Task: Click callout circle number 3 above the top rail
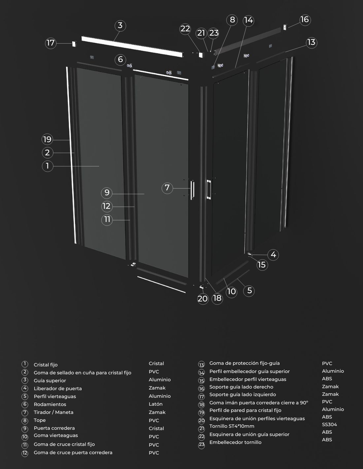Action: [x=120, y=26]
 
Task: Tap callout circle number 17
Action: [x=51, y=43]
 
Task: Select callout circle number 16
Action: [x=305, y=20]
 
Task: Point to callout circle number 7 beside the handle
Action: [x=167, y=188]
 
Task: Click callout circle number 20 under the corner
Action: [x=203, y=299]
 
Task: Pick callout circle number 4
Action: [x=273, y=255]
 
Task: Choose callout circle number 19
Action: [x=47, y=140]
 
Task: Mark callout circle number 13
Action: [x=312, y=43]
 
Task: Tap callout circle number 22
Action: [x=185, y=29]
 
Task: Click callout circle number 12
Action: [x=107, y=206]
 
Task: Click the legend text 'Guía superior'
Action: [x=50, y=381]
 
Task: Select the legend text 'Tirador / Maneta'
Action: [x=53, y=412]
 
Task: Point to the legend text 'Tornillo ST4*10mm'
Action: [x=232, y=426]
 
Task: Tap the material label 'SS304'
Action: [x=329, y=424]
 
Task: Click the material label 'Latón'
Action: [x=155, y=404]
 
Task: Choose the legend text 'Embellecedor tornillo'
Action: [x=235, y=442]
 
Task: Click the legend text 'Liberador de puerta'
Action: [x=58, y=389]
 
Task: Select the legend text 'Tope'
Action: [x=40, y=420]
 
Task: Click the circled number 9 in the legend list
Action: [x=25, y=428]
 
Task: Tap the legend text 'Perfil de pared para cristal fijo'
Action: [x=245, y=410]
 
